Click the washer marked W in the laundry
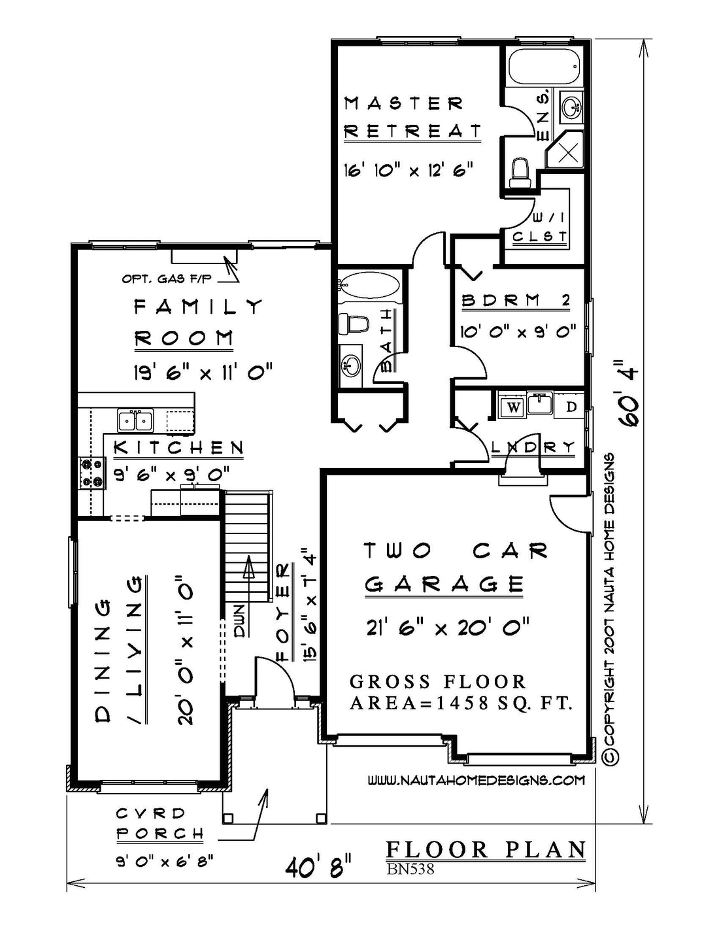tap(514, 407)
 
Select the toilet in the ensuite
tap(520, 173)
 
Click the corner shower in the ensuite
tap(565, 150)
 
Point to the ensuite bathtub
tap(544, 66)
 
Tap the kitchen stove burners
tap(92, 472)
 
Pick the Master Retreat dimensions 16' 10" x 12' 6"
tap(409, 170)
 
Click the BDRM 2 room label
tap(516, 301)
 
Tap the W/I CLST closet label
tap(540, 227)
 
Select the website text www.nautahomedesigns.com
tap(477, 780)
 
